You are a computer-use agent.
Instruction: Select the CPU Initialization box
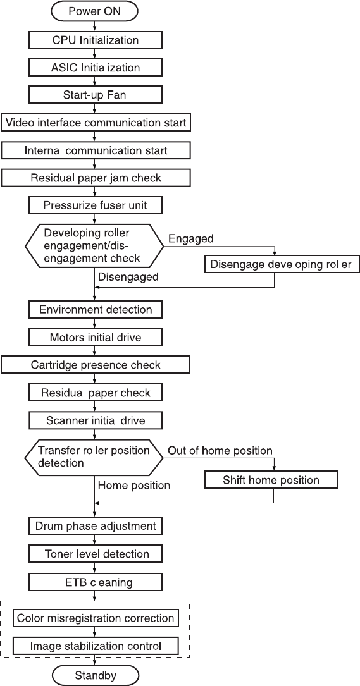(95, 40)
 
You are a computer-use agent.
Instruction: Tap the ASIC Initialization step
(95, 68)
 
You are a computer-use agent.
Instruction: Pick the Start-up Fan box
(95, 95)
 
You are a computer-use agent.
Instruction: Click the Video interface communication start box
(95, 123)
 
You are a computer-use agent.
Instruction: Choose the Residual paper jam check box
(95, 178)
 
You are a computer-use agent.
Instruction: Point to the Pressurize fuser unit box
(95, 205)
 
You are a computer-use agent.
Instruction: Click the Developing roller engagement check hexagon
(94, 245)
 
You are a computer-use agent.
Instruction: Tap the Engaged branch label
(191, 238)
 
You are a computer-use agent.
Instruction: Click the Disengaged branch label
(128, 276)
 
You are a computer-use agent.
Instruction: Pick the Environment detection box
(95, 310)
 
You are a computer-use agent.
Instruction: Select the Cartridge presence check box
(95, 365)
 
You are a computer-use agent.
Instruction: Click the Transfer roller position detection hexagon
(94, 456)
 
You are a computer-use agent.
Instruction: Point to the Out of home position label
(220, 450)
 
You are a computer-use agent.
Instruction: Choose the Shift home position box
(271, 480)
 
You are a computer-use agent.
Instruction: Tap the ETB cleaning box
(95, 583)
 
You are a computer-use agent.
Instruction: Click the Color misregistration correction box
(95, 618)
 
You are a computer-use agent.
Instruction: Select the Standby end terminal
(95, 675)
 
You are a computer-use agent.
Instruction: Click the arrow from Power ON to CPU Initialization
(95, 27)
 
